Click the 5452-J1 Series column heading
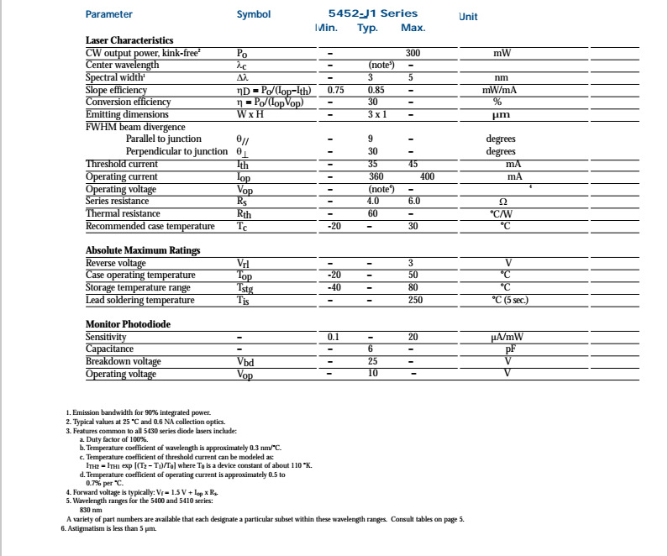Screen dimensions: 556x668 372,13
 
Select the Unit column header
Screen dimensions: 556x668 469,17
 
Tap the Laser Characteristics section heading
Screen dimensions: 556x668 129,40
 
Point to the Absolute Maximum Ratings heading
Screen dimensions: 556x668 143,250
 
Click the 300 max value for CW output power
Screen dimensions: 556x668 413,53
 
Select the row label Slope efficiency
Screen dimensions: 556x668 116,90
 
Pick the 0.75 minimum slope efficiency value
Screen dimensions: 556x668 336,90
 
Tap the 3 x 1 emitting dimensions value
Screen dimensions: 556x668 376,114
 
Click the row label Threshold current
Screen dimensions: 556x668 122,165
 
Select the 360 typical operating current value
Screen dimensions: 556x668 376,177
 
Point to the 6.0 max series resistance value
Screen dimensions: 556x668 413,202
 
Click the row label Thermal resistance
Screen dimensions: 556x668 123,213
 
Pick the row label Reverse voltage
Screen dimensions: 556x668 116,263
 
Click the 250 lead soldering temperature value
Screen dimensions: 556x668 415,300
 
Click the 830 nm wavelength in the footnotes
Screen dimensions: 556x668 91,510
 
